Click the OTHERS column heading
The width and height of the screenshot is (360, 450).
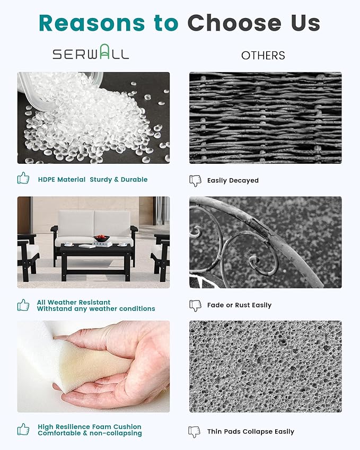[263, 56]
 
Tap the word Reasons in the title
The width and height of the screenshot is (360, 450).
[92, 23]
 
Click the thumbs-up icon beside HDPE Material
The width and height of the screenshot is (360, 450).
[23, 178]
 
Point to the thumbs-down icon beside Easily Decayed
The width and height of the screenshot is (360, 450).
[195, 181]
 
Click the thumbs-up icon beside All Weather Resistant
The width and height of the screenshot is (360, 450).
[23, 305]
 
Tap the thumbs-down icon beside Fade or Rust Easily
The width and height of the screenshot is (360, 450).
[195, 306]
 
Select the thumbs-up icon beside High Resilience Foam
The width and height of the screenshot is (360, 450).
[23, 429]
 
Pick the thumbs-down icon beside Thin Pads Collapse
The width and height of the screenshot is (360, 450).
[195, 431]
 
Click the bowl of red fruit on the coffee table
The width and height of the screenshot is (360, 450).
[102, 238]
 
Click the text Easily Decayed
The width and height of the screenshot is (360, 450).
[233, 181]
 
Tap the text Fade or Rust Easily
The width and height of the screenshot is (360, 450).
[239, 305]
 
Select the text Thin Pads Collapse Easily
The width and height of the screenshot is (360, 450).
[251, 431]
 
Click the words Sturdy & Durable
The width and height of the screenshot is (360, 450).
[119, 180]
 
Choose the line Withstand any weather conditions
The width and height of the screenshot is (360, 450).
[96, 309]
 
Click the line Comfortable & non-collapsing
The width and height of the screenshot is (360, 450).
[90, 433]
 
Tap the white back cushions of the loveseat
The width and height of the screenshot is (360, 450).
[94, 224]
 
